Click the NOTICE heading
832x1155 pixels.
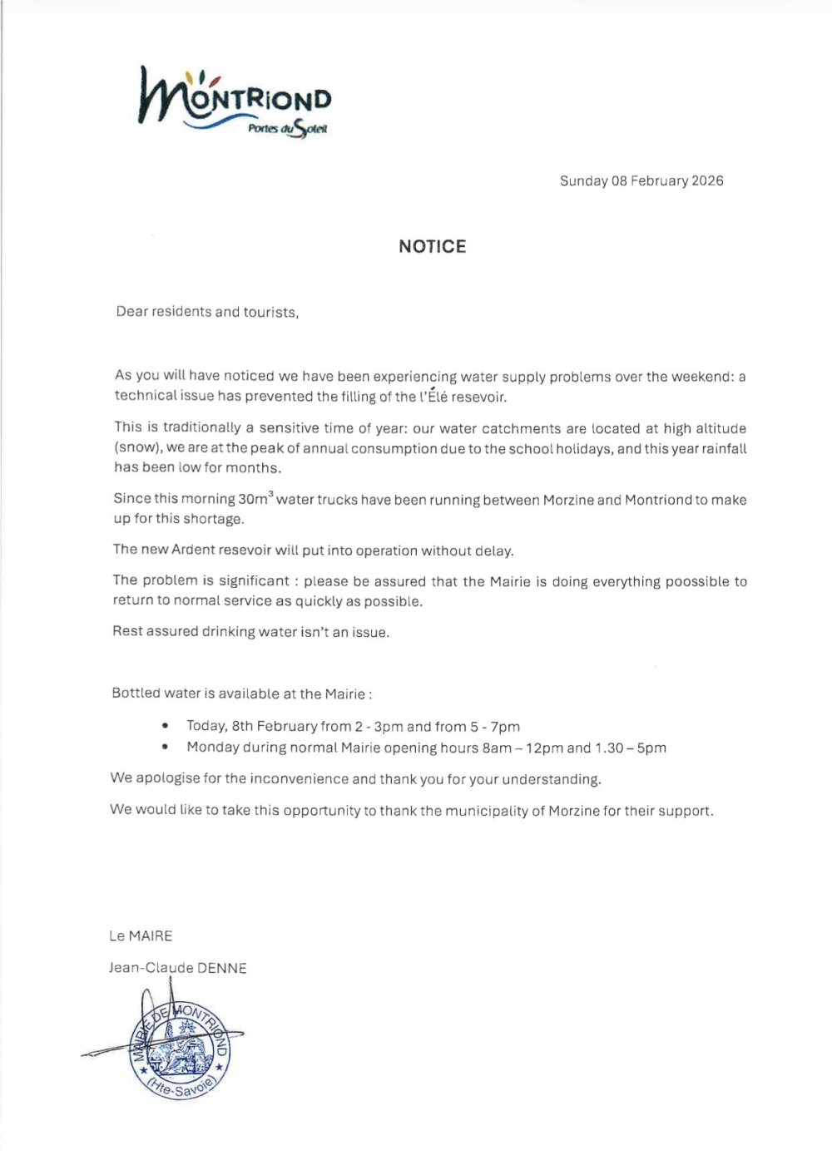[x=432, y=246]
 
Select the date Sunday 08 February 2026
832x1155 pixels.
[x=641, y=180]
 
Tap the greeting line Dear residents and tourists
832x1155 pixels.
[x=207, y=312]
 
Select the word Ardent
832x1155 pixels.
[x=193, y=550]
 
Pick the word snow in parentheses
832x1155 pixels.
[x=136, y=447]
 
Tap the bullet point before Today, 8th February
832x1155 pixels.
[x=166, y=726]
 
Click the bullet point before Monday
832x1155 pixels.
[x=166, y=747]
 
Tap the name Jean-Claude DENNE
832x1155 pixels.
[x=177, y=968]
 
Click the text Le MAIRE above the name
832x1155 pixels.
[x=141, y=935]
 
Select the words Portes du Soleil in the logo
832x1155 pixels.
[x=288, y=129]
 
